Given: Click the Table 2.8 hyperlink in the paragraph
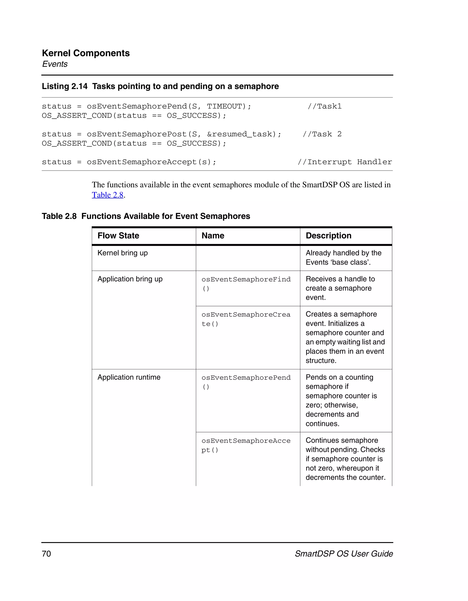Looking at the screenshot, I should (x=107, y=195).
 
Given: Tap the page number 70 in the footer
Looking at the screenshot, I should (x=46, y=554).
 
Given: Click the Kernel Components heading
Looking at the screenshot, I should (x=86, y=53).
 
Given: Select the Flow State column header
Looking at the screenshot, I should (x=118, y=236).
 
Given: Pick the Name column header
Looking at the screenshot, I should (x=213, y=236).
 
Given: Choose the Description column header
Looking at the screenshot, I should (x=328, y=236).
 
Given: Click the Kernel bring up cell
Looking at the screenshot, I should (x=122, y=253).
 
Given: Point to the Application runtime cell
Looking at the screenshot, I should (x=129, y=377).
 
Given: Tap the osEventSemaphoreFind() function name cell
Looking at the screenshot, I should (x=246, y=284).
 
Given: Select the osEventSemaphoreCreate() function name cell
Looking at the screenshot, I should (x=246, y=319).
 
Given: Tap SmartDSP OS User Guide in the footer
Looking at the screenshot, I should (x=344, y=554).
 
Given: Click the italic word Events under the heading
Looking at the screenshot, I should (x=55, y=64).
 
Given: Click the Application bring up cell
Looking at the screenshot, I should (x=130, y=279).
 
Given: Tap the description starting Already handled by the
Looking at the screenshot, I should (x=343, y=257).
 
